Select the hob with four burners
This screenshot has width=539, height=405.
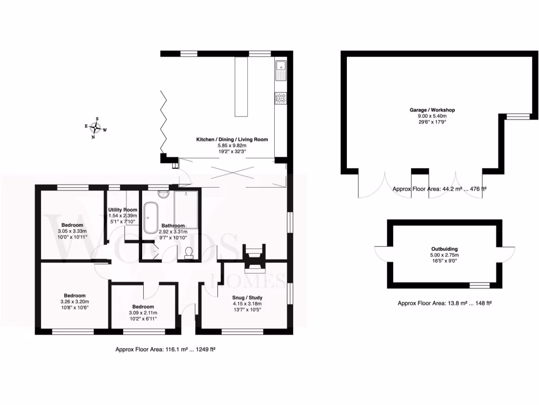coord(281,98)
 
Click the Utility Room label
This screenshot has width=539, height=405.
coord(122,209)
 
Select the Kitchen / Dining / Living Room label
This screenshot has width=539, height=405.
coord(232,139)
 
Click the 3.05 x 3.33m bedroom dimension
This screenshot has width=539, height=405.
coord(71,230)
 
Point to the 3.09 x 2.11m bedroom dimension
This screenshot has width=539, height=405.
coord(143,313)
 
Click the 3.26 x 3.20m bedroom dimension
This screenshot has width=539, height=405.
coord(75,302)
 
